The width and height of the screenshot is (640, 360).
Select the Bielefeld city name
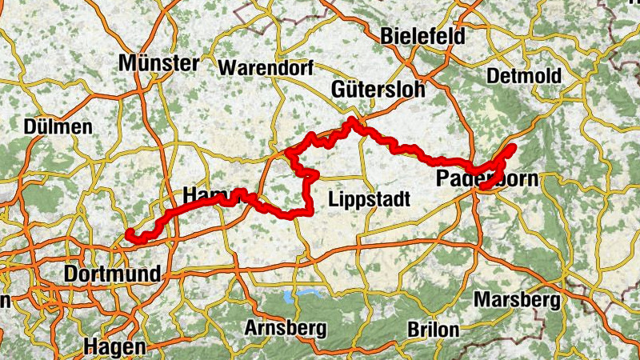coord(422,36)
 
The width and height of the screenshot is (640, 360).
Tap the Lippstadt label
coord(370,198)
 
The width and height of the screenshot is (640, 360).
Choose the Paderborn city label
coord(487,178)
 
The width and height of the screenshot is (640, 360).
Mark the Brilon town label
coord(432,329)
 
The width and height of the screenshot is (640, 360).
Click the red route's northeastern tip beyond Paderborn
coord(510,148)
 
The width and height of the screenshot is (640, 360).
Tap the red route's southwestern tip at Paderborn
coord(484,186)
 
